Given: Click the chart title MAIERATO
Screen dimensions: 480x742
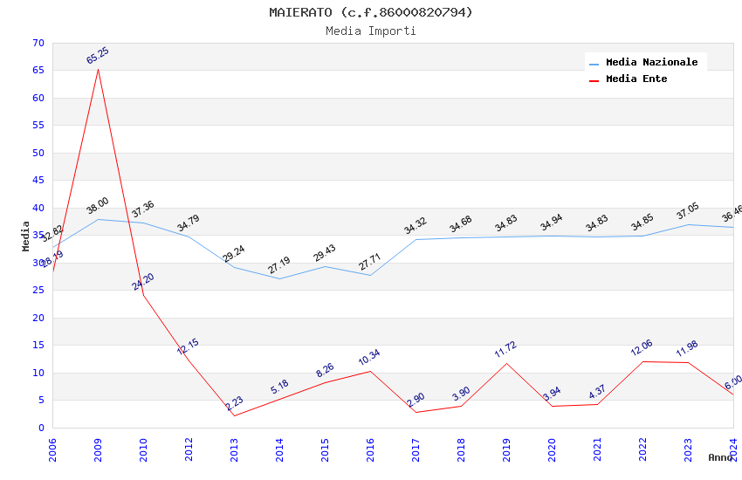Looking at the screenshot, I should pos(370,12).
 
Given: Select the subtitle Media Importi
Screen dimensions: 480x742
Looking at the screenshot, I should pos(370,31).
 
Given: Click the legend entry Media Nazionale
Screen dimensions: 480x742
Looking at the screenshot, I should pos(651,63).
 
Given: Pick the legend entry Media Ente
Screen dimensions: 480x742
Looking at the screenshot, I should pos(636,79).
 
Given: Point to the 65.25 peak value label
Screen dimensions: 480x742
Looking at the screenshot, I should pos(98,56).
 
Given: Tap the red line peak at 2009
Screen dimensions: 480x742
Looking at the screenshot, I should pos(98,69).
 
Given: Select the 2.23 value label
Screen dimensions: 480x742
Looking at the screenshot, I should pos(234,404).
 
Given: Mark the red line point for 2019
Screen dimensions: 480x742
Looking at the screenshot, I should pos(506,363).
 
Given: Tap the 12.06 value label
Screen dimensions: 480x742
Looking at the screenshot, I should pos(642,348).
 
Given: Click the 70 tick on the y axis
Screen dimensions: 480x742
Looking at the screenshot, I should pos(37,43).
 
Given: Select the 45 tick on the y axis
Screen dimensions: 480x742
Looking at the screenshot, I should pos(37,181).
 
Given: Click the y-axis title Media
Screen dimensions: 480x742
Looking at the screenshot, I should pos(26,236).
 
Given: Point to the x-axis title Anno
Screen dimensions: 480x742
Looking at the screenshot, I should pos(720,457).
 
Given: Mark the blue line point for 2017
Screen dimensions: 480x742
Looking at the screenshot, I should pos(416,239).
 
